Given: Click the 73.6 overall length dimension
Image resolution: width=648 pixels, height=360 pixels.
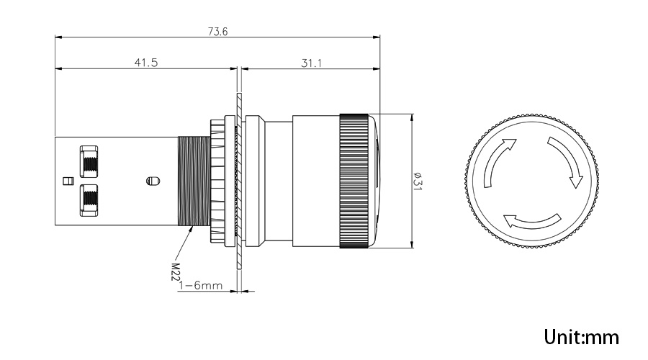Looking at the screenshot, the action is click(x=217, y=32).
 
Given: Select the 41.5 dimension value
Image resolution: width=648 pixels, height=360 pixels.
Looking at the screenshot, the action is click(x=146, y=63).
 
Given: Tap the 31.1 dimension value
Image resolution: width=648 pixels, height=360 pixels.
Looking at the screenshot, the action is click(x=311, y=63).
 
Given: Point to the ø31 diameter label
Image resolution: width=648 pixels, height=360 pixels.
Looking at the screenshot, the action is click(x=418, y=181).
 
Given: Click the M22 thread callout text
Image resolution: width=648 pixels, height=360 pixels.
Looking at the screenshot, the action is click(x=176, y=271).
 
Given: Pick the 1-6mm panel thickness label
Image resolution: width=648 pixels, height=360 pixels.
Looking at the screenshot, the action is click(x=201, y=285).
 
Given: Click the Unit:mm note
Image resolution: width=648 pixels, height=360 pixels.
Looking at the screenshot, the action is click(x=582, y=337).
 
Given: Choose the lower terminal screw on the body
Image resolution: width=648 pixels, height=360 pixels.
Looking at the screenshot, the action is click(x=89, y=200).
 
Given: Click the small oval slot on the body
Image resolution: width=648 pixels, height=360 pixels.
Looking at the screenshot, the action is click(x=153, y=181).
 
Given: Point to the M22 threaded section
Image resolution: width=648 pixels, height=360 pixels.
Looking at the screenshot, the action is click(x=194, y=181).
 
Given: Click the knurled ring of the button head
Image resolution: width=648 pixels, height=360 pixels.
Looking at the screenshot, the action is click(x=354, y=181).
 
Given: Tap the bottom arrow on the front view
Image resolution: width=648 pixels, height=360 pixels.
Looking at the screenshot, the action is click(x=532, y=221).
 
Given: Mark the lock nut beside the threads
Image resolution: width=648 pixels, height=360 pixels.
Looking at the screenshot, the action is click(x=217, y=181).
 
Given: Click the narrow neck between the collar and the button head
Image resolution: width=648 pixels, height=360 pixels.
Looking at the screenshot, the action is click(x=279, y=181).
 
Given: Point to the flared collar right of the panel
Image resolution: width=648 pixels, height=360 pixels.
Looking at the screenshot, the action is click(x=253, y=181).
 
